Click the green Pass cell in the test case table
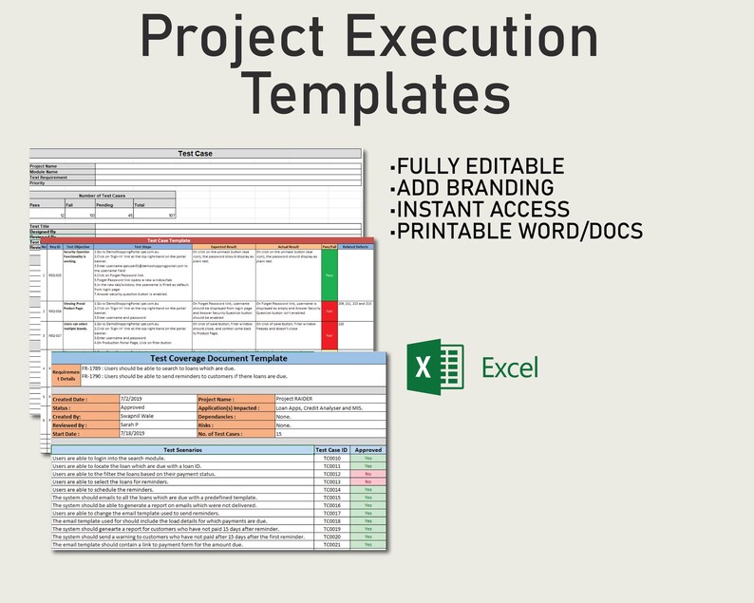pos(329,275)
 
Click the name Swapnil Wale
pos(142,415)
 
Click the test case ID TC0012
pos(331,474)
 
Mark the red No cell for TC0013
pos(368,481)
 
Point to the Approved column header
pos(368,450)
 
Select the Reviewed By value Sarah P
pos(134,424)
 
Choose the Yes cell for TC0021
pos(368,544)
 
